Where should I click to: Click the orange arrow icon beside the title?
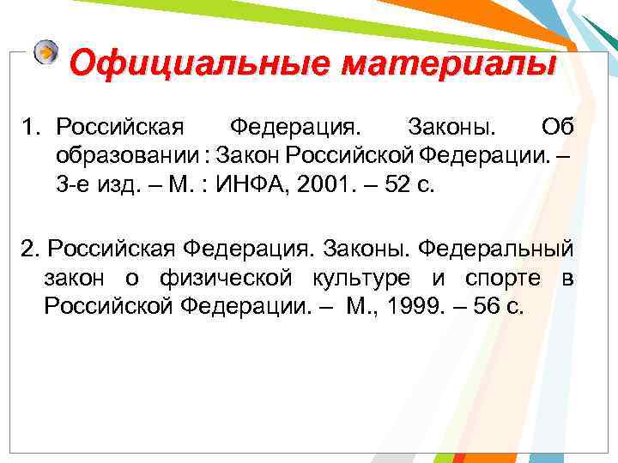(46, 52)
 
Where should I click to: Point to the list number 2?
(31, 248)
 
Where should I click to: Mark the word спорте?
(503, 278)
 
